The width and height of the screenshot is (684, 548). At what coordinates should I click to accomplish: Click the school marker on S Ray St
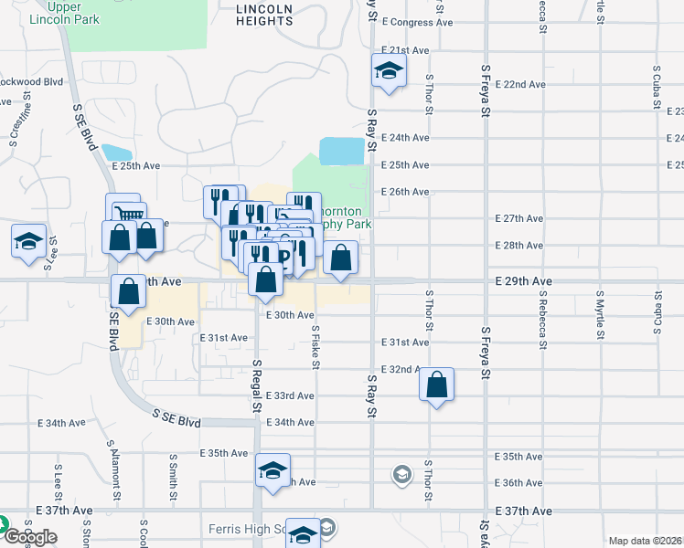(x=389, y=71)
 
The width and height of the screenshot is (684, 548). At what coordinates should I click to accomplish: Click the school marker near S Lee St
(x=28, y=243)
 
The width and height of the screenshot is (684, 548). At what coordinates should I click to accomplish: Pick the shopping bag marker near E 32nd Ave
(x=437, y=385)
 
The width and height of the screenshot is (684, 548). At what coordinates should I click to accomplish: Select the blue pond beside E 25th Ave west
(x=117, y=153)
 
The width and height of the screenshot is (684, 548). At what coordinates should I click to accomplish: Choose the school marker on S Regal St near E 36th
(x=273, y=471)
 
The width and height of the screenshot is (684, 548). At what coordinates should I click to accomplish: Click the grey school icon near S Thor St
(x=401, y=474)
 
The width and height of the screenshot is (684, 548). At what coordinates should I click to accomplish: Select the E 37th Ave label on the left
(x=65, y=511)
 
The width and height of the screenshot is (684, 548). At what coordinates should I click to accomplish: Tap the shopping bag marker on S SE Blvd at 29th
(x=129, y=291)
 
